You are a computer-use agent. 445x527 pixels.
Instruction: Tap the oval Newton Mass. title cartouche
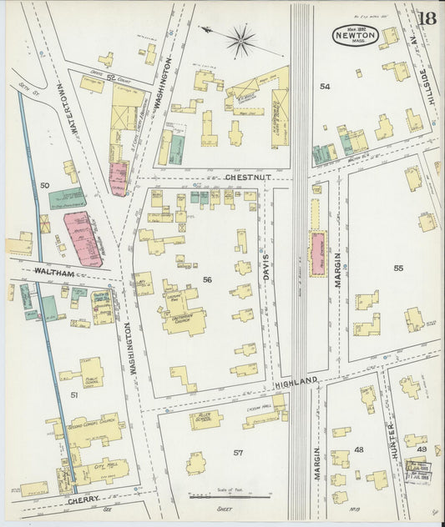pyautogui.click(x=356, y=35)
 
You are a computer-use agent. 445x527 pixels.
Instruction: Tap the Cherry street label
pyautogui.click(x=83, y=500)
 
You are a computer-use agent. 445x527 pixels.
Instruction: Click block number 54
pyautogui.click(x=325, y=87)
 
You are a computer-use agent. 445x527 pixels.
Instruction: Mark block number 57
pyautogui.click(x=238, y=453)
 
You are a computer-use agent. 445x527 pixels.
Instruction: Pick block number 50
pyautogui.click(x=45, y=184)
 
